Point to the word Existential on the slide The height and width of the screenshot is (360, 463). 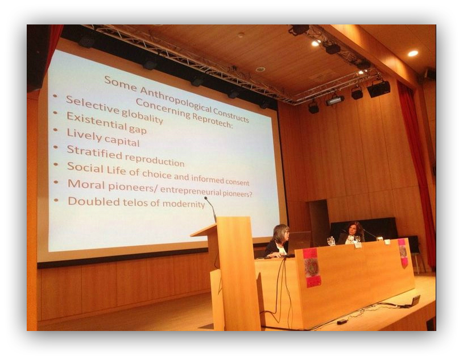pyautogui.click(x=96, y=121)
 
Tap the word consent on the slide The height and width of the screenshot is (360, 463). pyautogui.click(x=237, y=182)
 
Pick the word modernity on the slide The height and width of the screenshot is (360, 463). pyautogui.click(x=183, y=204)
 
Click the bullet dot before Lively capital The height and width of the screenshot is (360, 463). pyautogui.click(x=55, y=130)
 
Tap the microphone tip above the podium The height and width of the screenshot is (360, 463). pyautogui.click(x=206, y=198)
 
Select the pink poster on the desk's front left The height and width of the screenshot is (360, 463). pyautogui.click(x=311, y=267)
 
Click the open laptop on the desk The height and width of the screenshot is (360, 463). pyautogui.click(x=300, y=242)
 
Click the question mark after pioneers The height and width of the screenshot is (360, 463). pyautogui.click(x=250, y=194)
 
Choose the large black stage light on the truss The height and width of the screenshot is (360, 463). pyautogui.click(x=379, y=89)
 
